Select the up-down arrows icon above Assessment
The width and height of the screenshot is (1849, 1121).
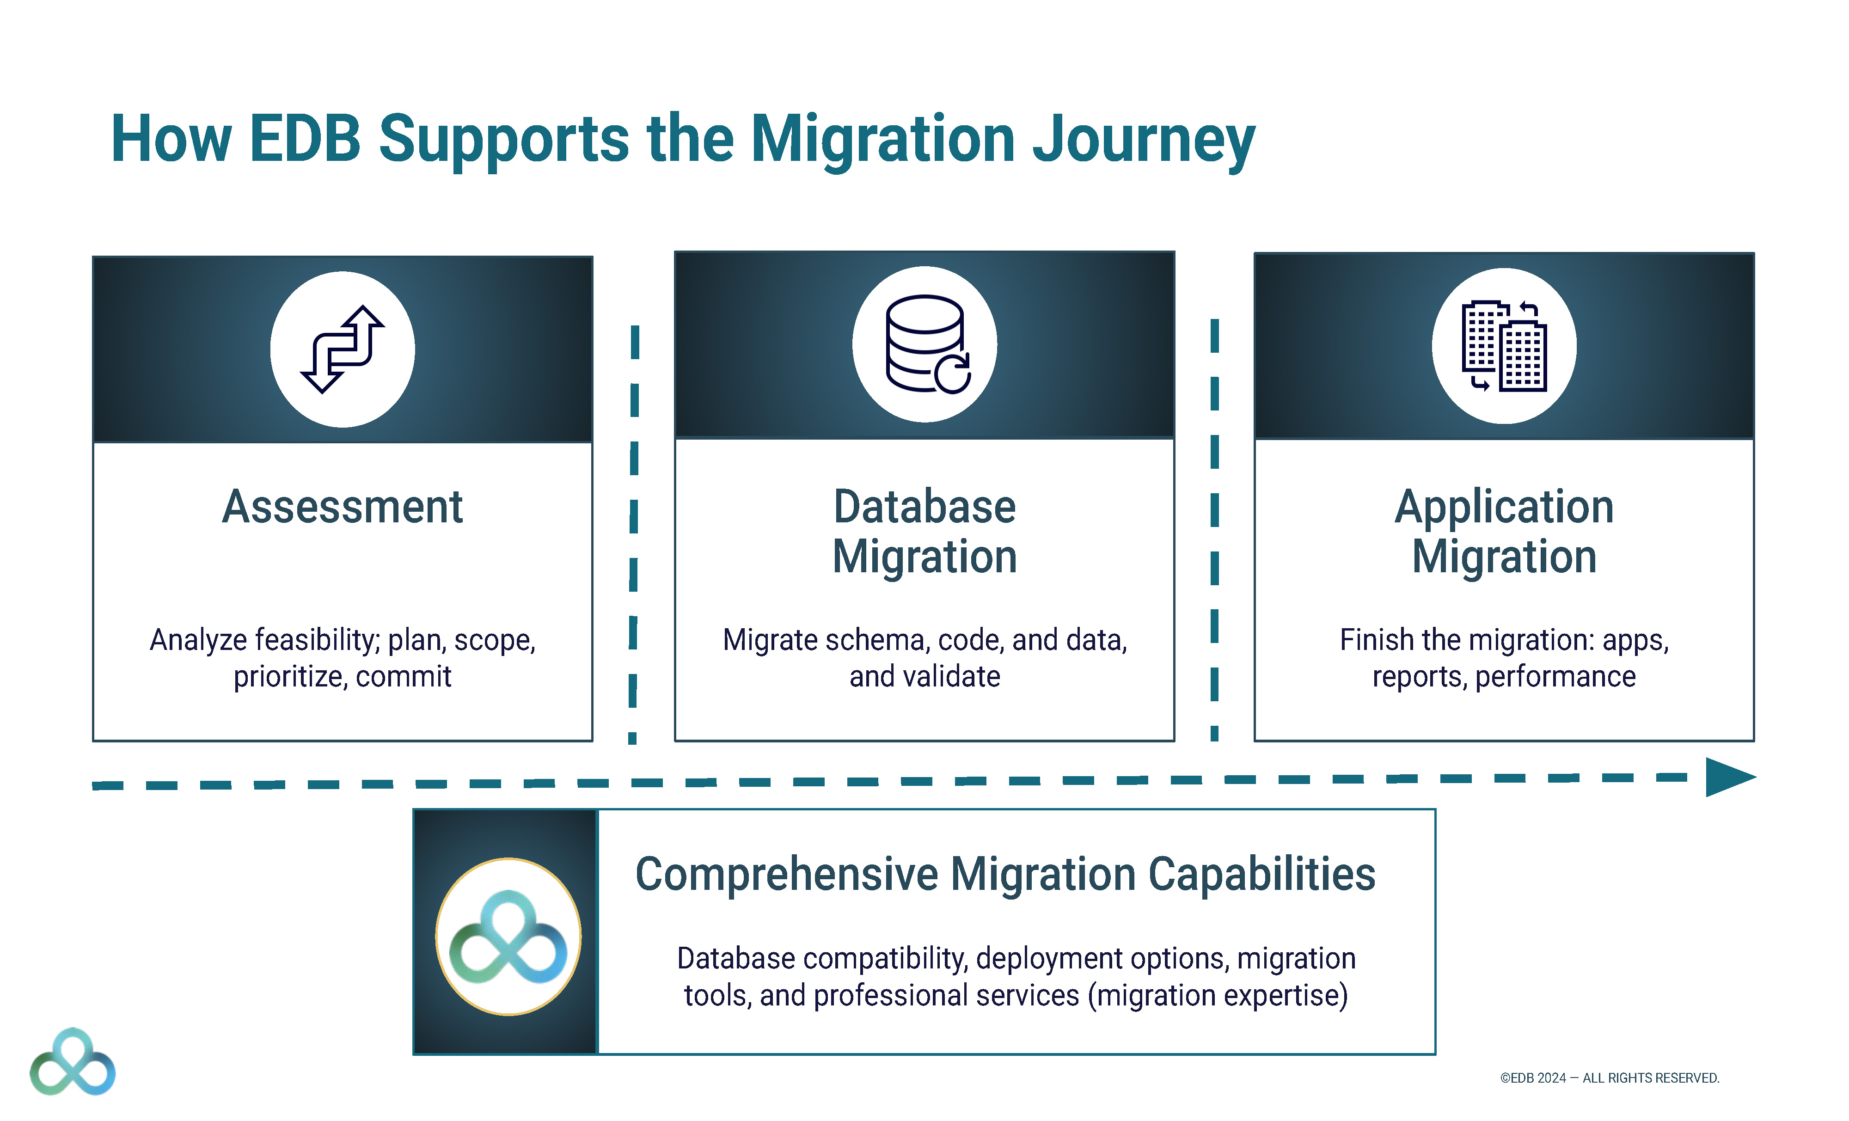(x=342, y=349)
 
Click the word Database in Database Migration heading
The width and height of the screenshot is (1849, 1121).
(x=924, y=507)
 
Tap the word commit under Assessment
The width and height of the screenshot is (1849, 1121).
(x=403, y=677)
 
